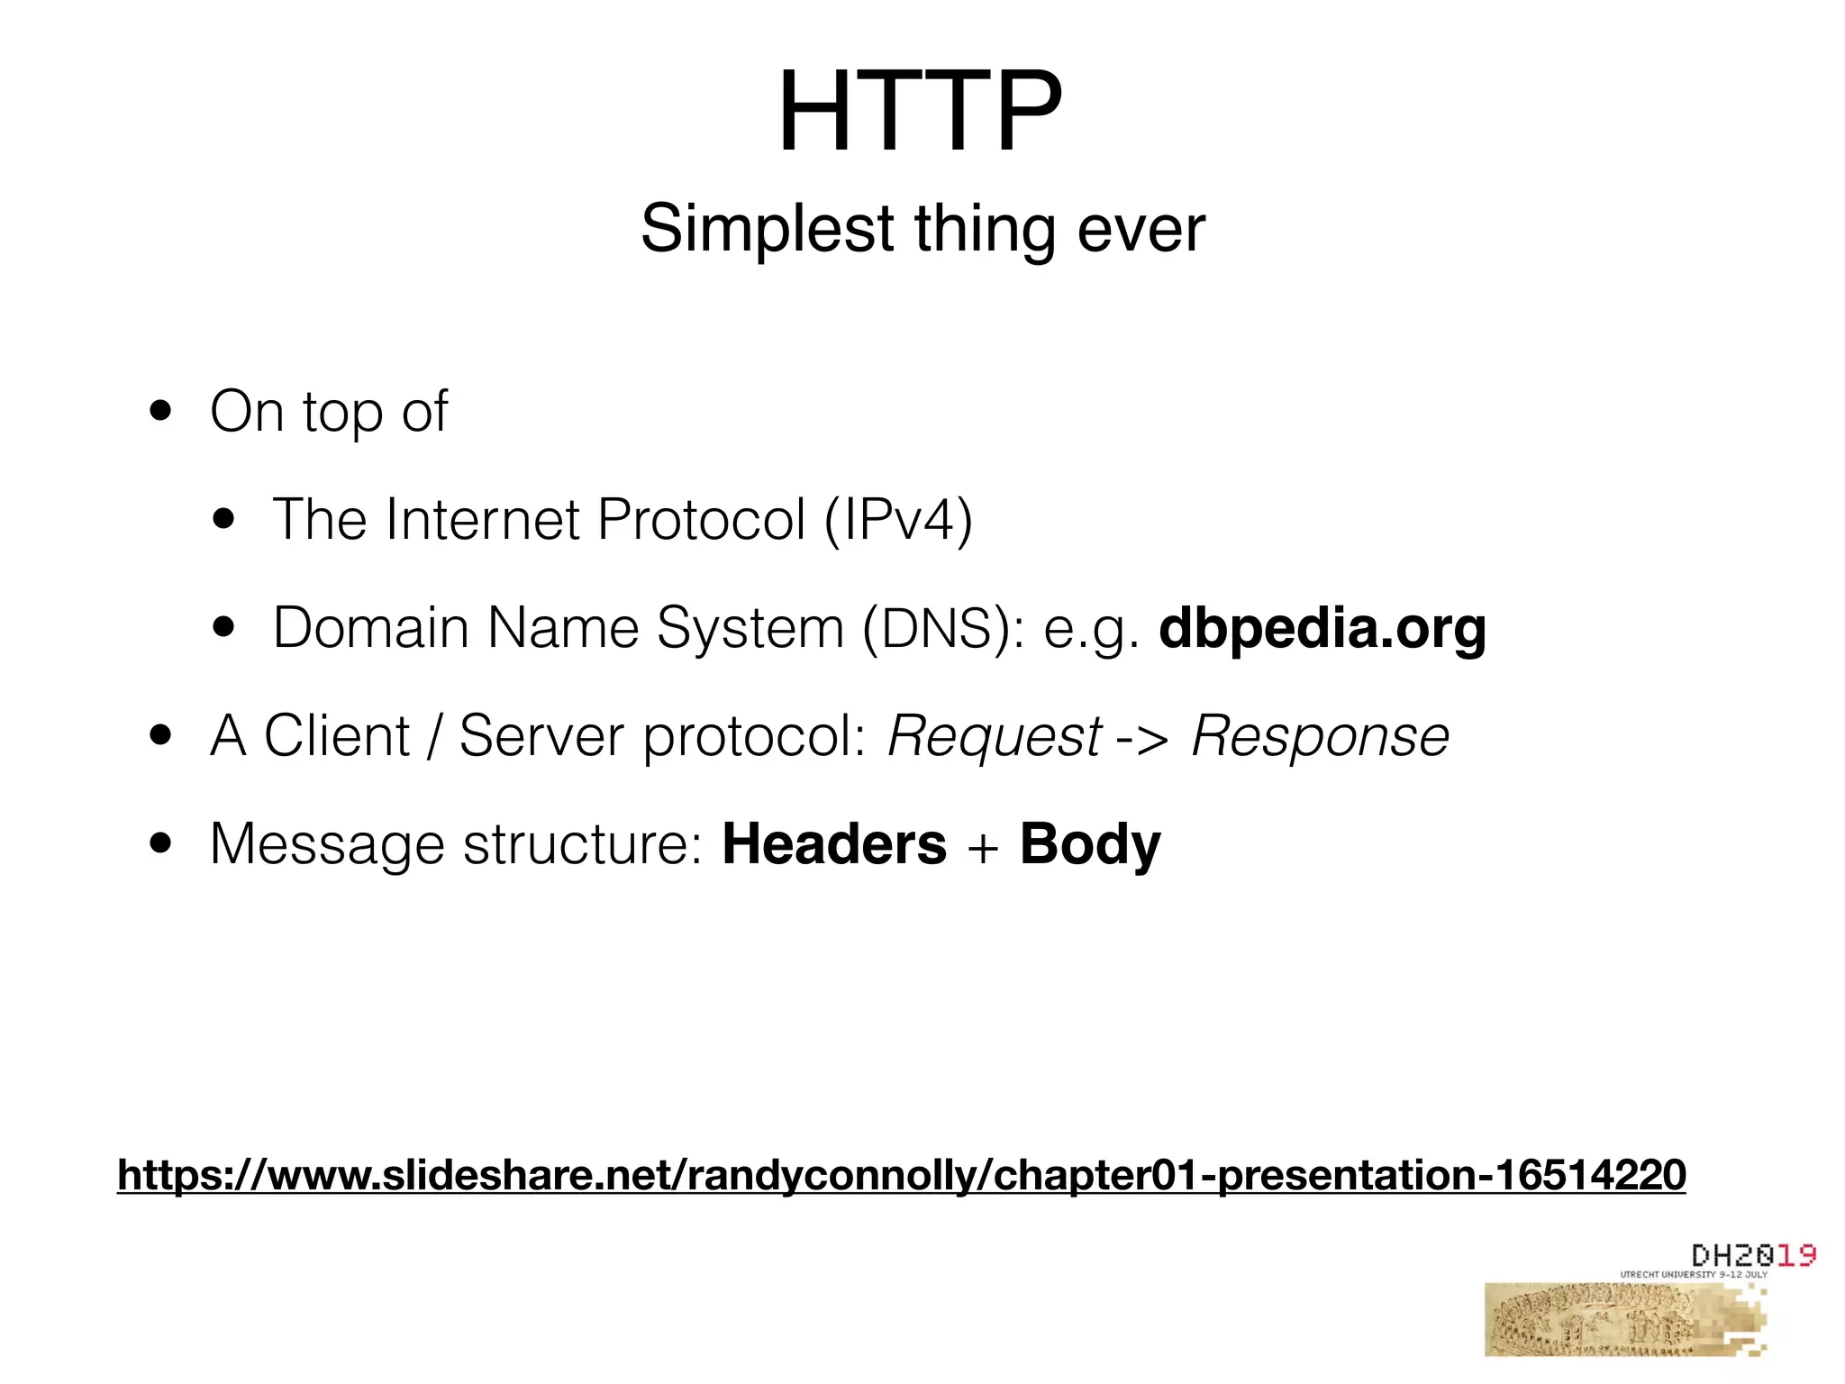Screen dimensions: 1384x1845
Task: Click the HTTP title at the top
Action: click(x=920, y=113)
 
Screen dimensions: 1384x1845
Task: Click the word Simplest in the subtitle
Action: click(x=767, y=229)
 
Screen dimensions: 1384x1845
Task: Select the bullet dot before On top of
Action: click(x=161, y=412)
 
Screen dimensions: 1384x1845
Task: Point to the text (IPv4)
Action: click(x=898, y=520)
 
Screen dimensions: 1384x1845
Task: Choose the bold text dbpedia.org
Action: click(x=1322, y=628)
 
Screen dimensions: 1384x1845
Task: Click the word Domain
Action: click(x=370, y=628)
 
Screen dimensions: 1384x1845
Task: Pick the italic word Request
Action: click(x=994, y=736)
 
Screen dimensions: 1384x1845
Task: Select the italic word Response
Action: click(x=1320, y=736)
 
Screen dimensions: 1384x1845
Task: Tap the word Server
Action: click(x=541, y=736)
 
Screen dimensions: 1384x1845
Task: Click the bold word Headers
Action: click(x=834, y=844)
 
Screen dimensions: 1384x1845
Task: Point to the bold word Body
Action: click(x=1090, y=844)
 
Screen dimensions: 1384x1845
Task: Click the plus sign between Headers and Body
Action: click(x=983, y=848)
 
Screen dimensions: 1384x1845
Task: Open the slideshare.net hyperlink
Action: click(x=901, y=1175)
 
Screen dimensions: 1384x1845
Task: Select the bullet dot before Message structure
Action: click(x=161, y=844)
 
